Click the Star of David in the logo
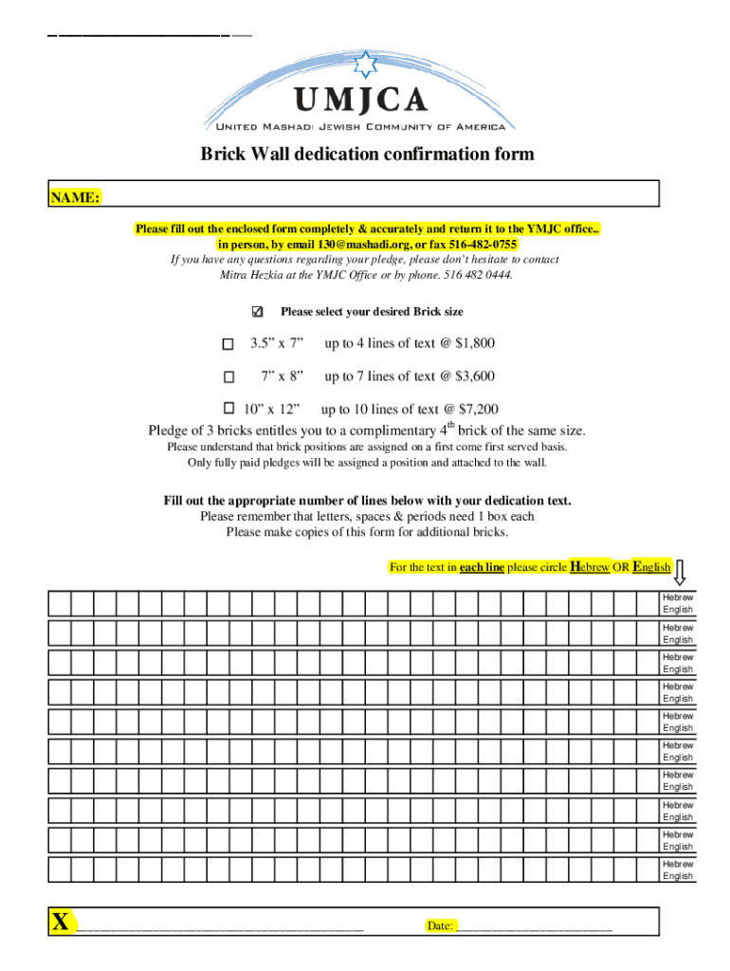coord(365,65)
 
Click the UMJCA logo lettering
coord(361,101)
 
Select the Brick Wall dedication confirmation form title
coord(366,154)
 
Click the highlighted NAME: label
coord(76,197)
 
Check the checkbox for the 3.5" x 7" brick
coord(228,344)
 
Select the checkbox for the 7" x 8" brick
coord(228,376)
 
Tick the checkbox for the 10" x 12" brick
coord(228,409)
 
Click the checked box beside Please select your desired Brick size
coord(256,312)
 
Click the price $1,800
coord(475,343)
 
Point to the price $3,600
coord(475,376)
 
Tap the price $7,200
coord(478,410)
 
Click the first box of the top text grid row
coord(59,603)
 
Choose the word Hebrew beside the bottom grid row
coord(677,864)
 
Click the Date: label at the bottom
coord(439,925)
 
